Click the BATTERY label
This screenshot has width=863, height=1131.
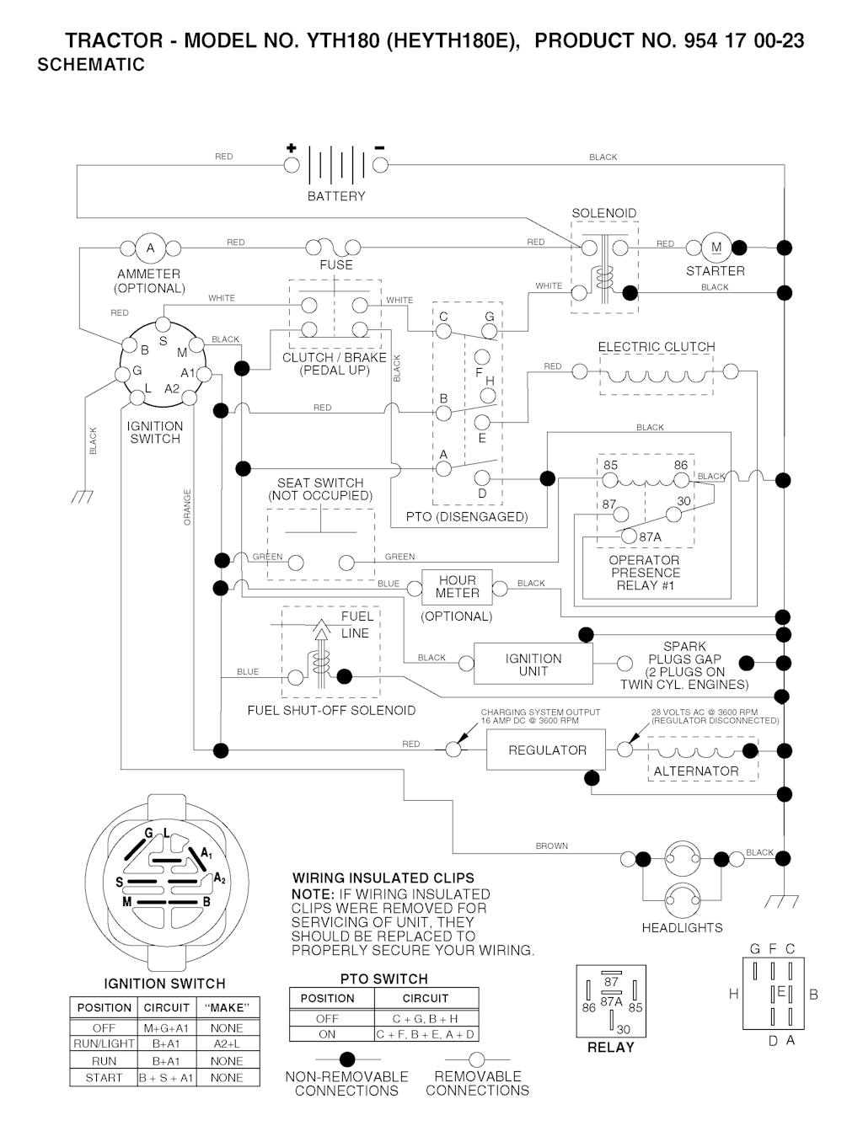(336, 196)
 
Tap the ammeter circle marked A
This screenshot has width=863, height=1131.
(151, 248)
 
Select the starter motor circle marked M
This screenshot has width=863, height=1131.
(716, 248)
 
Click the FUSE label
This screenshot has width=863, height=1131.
(336, 264)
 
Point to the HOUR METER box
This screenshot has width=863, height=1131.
(457, 587)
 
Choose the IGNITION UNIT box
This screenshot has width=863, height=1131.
(533, 664)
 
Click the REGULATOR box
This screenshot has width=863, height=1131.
(546, 750)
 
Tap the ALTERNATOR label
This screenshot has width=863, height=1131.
(696, 771)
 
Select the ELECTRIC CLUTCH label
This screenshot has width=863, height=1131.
(657, 347)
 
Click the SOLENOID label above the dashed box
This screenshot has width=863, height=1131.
(604, 213)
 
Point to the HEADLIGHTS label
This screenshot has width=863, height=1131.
(682, 927)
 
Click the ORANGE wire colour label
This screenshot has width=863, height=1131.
(188, 508)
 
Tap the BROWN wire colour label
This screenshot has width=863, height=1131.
(552, 846)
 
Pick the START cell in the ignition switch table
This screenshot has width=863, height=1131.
(104, 1078)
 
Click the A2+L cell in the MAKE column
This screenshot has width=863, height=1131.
(228, 1044)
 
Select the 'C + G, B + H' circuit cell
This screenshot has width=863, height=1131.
(425, 1018)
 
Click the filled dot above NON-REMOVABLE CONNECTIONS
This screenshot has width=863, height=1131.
(346, 1059)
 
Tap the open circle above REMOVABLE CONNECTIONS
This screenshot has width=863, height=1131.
(477, 1059)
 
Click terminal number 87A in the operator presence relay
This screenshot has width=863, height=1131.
(650, 536)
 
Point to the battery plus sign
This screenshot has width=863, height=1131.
(292, 148)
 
